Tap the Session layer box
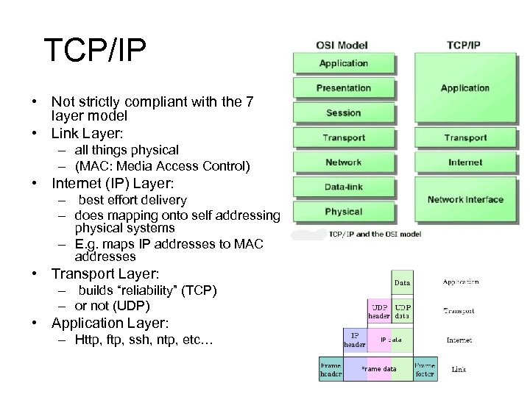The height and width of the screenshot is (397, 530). click(x=343, y=112)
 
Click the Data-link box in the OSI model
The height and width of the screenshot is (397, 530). click(x=343, y=187)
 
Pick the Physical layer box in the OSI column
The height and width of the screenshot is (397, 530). click(x=343, y=212)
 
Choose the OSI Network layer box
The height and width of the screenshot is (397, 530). click(x=343, y=162)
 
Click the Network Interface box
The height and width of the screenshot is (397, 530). click(x=465, y=199)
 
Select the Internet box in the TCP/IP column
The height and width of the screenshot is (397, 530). click(x=465, y=162)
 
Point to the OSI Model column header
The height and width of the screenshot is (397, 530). click(x=343, y=45)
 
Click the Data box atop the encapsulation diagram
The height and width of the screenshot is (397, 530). click(x=402, y=282)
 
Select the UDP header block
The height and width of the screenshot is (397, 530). click(x=379, y=311)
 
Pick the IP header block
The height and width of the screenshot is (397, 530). click(x=355, y=340)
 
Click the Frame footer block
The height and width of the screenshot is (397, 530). click(x=424, y=368)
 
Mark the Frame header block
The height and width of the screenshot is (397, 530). click(x=331, y=368)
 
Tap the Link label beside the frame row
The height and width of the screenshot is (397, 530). click(x=458, y=369)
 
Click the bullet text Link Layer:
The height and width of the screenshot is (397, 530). click(x=87, y=133)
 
